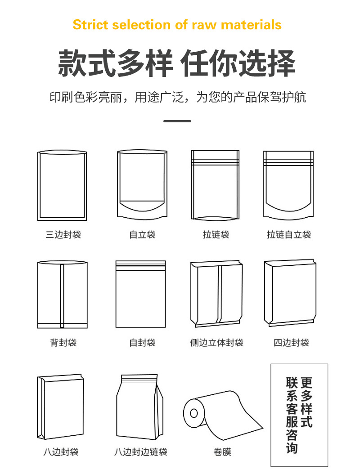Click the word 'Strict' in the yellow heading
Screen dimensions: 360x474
click(90, 25)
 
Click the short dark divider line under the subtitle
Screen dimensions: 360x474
click(177, 121)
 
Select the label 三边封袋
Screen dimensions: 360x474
click(63, 235)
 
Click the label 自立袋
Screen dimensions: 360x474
click(143, 235)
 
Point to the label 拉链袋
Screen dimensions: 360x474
click(216, 235)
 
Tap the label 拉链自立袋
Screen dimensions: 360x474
click(289, 235)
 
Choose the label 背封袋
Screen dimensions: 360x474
click(63, 343)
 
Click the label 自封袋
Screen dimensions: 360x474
click(143, 343)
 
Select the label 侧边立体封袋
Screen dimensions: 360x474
click(216, 343)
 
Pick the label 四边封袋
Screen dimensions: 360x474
click(291, 343)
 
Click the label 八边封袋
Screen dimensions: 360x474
click(61, 452)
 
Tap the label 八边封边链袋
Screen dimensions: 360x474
click(141, 452)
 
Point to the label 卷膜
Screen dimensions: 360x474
click(222, 452)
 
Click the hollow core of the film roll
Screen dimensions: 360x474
click(193, 413)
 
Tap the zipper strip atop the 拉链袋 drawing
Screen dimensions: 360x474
click(215, 162)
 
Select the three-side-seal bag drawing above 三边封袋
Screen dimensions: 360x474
click(62, 185)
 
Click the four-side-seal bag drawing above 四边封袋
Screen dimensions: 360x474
click(290, 293)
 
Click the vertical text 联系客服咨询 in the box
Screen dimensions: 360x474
click(292, 415)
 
